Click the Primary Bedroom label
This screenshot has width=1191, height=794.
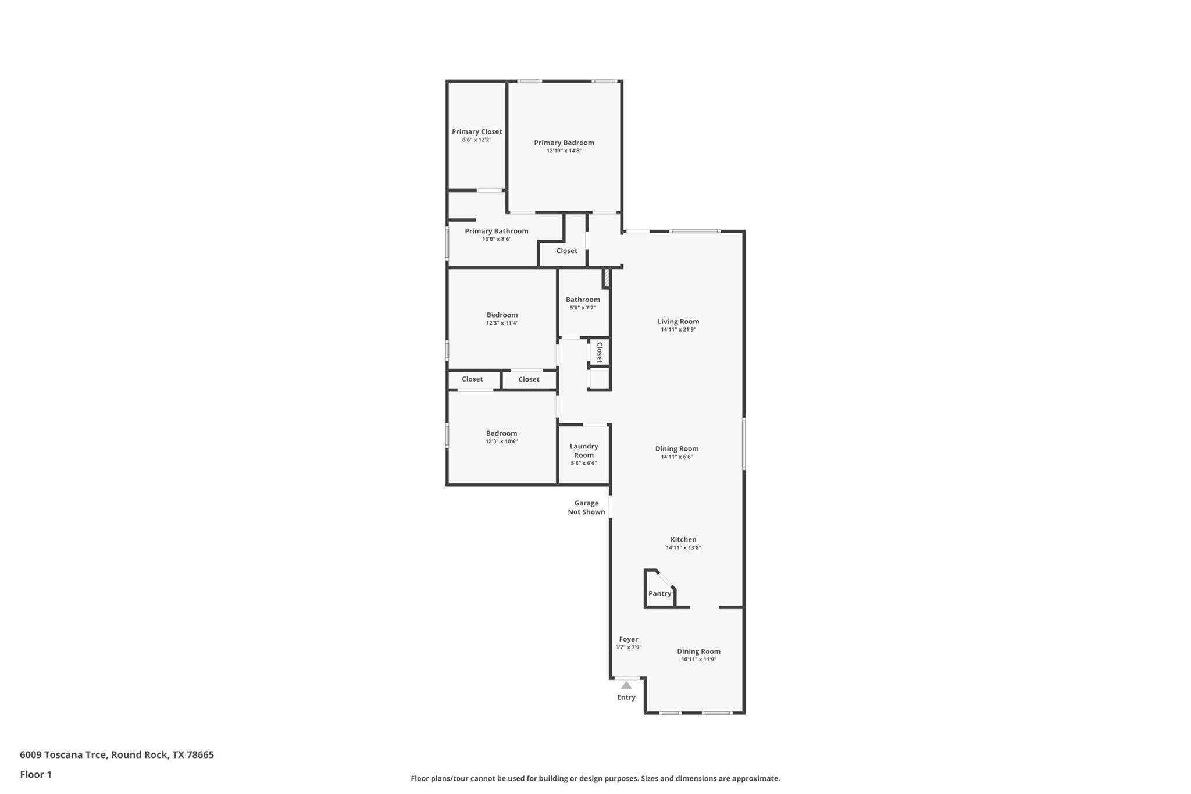coord(564,143)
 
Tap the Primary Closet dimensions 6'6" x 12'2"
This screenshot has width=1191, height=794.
coord(476,140)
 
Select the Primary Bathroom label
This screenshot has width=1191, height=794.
coord(496,231)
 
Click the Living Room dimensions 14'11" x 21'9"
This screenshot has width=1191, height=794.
coord(678,329)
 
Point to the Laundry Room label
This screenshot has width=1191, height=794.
coord(583,451)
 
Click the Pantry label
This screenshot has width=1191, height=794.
coord(659,593)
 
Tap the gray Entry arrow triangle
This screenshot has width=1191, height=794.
coord(626,685)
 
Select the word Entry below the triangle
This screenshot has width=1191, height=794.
coord(626,697)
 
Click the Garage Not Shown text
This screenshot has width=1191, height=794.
coord(586,507)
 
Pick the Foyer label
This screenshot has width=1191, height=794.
coord(628,639)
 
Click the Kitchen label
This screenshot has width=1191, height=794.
coord(683,539)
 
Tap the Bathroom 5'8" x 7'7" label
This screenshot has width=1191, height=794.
coord(583,300)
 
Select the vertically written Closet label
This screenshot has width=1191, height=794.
coord(599,353)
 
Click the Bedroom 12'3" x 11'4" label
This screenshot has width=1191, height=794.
coord(502,315)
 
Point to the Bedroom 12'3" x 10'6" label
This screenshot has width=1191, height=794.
coord(501,433)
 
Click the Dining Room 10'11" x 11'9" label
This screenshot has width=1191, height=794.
coord(698,651)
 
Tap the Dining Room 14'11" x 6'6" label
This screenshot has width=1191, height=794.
coord(676,448)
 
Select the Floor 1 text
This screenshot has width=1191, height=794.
coord(35,774)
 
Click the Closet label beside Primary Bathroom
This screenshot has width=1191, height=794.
coord(566,251)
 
